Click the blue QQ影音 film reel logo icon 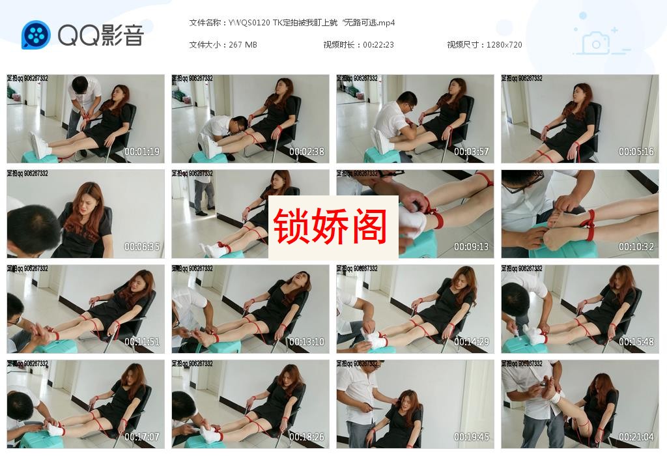(x=36, y=35)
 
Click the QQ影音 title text (x=100, y=35)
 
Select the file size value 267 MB (x=243, y=45)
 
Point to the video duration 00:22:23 (x=378, y=45)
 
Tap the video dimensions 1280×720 (x=504, y=45)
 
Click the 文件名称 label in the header (x=206, y=23)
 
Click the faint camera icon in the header (x=595, y=44)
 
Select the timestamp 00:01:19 (x=142, y=152)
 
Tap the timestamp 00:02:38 (x=307, y=152)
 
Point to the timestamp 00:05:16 (x=636, y=152)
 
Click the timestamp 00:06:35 (x=142, y=247)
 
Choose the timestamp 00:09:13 (x=472, y=247)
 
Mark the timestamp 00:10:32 (x=636, y=247)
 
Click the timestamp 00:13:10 (x=307, y=342)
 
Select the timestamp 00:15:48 (x=636, y=342)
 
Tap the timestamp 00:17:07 (x=142, y=437)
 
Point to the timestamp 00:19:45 (x=472, y=437)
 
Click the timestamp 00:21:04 (x=636, y=437)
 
